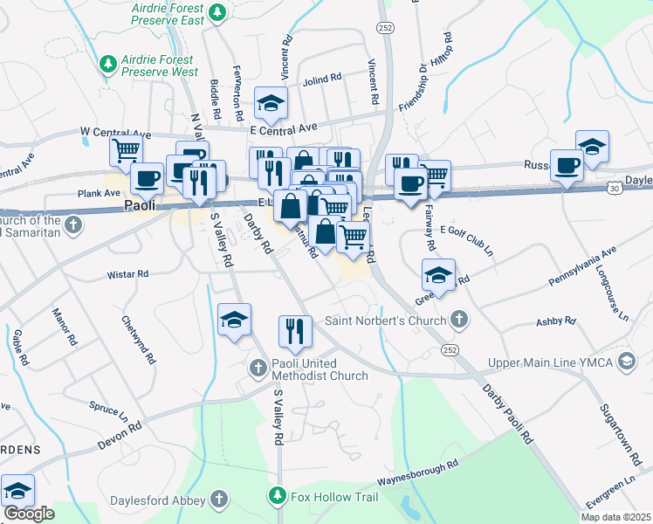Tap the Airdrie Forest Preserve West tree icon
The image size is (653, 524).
click(108, 64)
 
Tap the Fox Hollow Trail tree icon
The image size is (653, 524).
click(278, 497)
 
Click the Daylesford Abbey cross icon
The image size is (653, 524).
click(219, 500)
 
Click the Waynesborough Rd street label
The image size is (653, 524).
click(417, 473)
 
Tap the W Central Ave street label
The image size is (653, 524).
click(115, 133)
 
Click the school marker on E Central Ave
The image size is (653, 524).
click(271, 104)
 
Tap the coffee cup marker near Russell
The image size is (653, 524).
click(567, 163)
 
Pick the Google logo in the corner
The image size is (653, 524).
click(29, 514)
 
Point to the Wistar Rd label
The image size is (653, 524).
click(127, 274)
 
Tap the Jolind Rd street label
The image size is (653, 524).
click(322, 79)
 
